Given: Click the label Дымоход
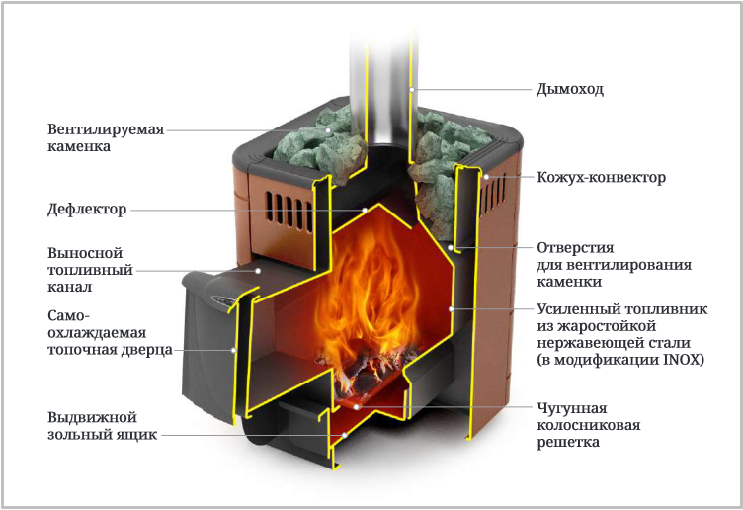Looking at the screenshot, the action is tap(570, 89).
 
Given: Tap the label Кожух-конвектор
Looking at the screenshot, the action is tap(602, 178).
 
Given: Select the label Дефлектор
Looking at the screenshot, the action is tap(87, 210).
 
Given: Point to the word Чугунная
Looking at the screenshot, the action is tap(571, 408).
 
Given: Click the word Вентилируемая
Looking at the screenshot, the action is tap(106, 129).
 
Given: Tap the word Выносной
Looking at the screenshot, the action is tap(85, 253).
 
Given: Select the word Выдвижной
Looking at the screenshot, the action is tap(92, 418).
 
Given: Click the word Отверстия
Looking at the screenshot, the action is tap(575, 248).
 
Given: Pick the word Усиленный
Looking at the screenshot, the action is tap(575, 309).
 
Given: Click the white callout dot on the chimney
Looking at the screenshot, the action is tap(412, 89).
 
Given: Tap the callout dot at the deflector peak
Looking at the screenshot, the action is tap(365, 210).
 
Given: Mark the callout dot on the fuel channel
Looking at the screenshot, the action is tap(258, 271).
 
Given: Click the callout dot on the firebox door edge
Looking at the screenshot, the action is tap(233, 350).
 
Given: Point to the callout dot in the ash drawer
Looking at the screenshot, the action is tap(345, 435).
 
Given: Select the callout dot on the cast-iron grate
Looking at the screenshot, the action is tap(357, 406).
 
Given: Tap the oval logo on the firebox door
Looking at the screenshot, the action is tap(223, 300).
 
